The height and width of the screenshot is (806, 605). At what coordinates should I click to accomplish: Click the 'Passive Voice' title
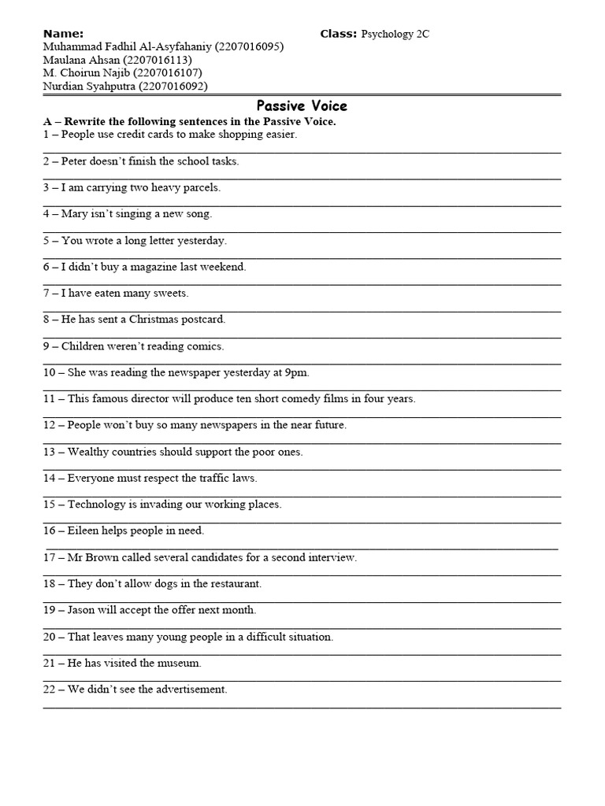point(302,106)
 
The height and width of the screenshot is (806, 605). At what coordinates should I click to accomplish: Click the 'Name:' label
point(63,33)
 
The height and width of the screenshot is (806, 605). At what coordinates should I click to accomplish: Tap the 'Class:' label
point(339,33)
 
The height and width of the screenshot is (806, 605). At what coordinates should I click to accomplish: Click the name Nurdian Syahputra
point(88,87)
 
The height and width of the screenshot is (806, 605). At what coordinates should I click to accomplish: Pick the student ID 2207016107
point(167,73)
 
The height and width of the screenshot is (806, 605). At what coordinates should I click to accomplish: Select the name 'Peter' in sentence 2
point(76,161)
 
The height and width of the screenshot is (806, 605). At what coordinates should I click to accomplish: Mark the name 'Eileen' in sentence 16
point(84,531)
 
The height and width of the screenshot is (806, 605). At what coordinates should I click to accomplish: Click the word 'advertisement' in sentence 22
point(192,690)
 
